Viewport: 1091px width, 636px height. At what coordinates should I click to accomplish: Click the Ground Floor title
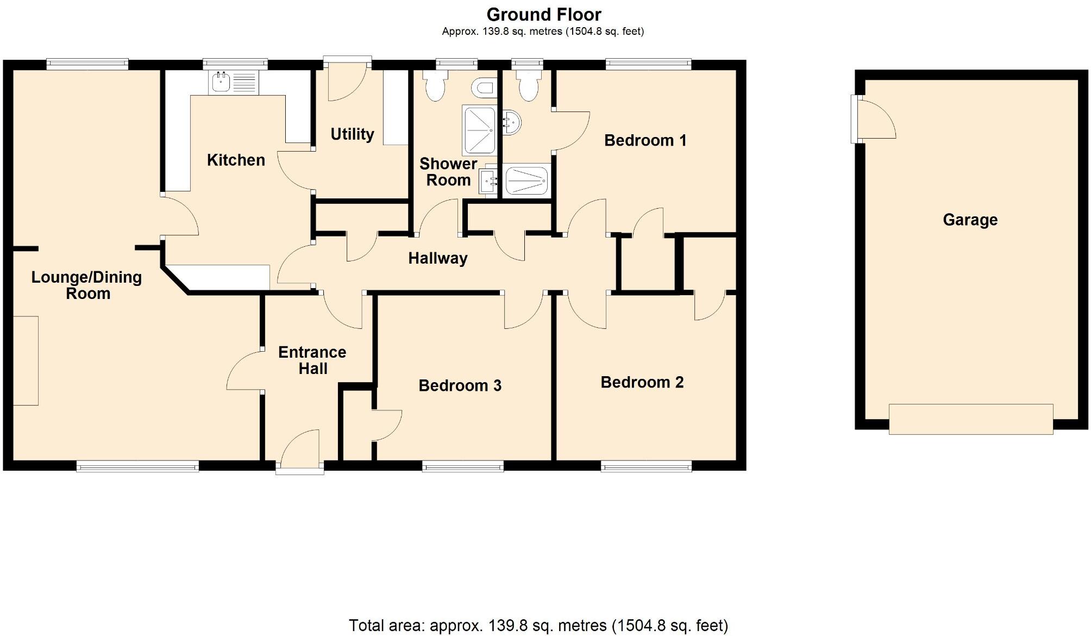tap(543, 15)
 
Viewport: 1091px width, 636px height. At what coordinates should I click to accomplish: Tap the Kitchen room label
tap(236, 160)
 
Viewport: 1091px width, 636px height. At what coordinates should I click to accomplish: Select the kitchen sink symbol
tap(234, 83)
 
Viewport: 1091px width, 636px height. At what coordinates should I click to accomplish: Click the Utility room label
tap(352, 134)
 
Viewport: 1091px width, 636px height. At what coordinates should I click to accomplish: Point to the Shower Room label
tap(448, 172)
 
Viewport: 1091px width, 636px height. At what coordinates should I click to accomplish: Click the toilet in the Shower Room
tap(435, 87)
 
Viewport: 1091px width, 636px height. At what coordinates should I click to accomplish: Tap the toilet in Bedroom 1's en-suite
tap(528, 87)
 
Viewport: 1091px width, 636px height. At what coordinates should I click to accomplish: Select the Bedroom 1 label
tap(645, 141)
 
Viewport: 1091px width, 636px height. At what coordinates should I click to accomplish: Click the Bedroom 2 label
tap(642, 383)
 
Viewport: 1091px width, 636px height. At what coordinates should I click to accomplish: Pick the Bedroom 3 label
tap(460, 386)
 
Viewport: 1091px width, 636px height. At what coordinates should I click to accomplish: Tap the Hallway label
tap(437, 258)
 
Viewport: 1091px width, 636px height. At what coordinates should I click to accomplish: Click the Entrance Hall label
tap(312, 360)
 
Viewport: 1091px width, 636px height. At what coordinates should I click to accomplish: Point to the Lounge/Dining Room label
tap(87, 285)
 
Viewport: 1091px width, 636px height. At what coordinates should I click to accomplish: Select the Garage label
tap(970, 220)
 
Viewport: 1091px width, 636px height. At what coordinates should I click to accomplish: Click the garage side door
tap(872, 119)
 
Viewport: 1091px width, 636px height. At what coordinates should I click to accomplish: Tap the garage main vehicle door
tap(970, 419)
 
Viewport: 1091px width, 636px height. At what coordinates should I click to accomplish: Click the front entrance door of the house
tap(300, 452)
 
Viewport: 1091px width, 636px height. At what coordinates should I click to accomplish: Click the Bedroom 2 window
tap(646, 466)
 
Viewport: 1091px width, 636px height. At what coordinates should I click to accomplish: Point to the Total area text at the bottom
tap(538, 626)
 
